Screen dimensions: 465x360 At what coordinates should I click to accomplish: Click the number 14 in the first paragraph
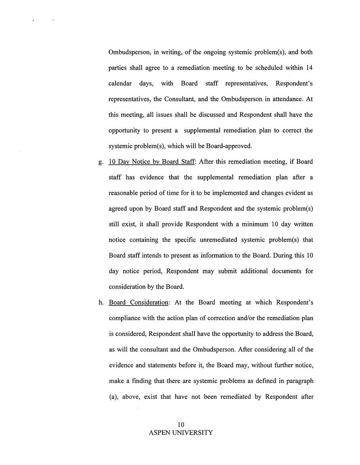coord(310,68)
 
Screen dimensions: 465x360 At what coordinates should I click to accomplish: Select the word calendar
coord(121,83)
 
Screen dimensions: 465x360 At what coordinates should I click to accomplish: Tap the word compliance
coord(124,318)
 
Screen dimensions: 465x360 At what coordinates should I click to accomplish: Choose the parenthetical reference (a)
coord(113,397)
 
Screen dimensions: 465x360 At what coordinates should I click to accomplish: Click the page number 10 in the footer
coord(181,425)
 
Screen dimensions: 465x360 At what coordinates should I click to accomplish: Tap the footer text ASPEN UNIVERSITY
coord(181,433)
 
